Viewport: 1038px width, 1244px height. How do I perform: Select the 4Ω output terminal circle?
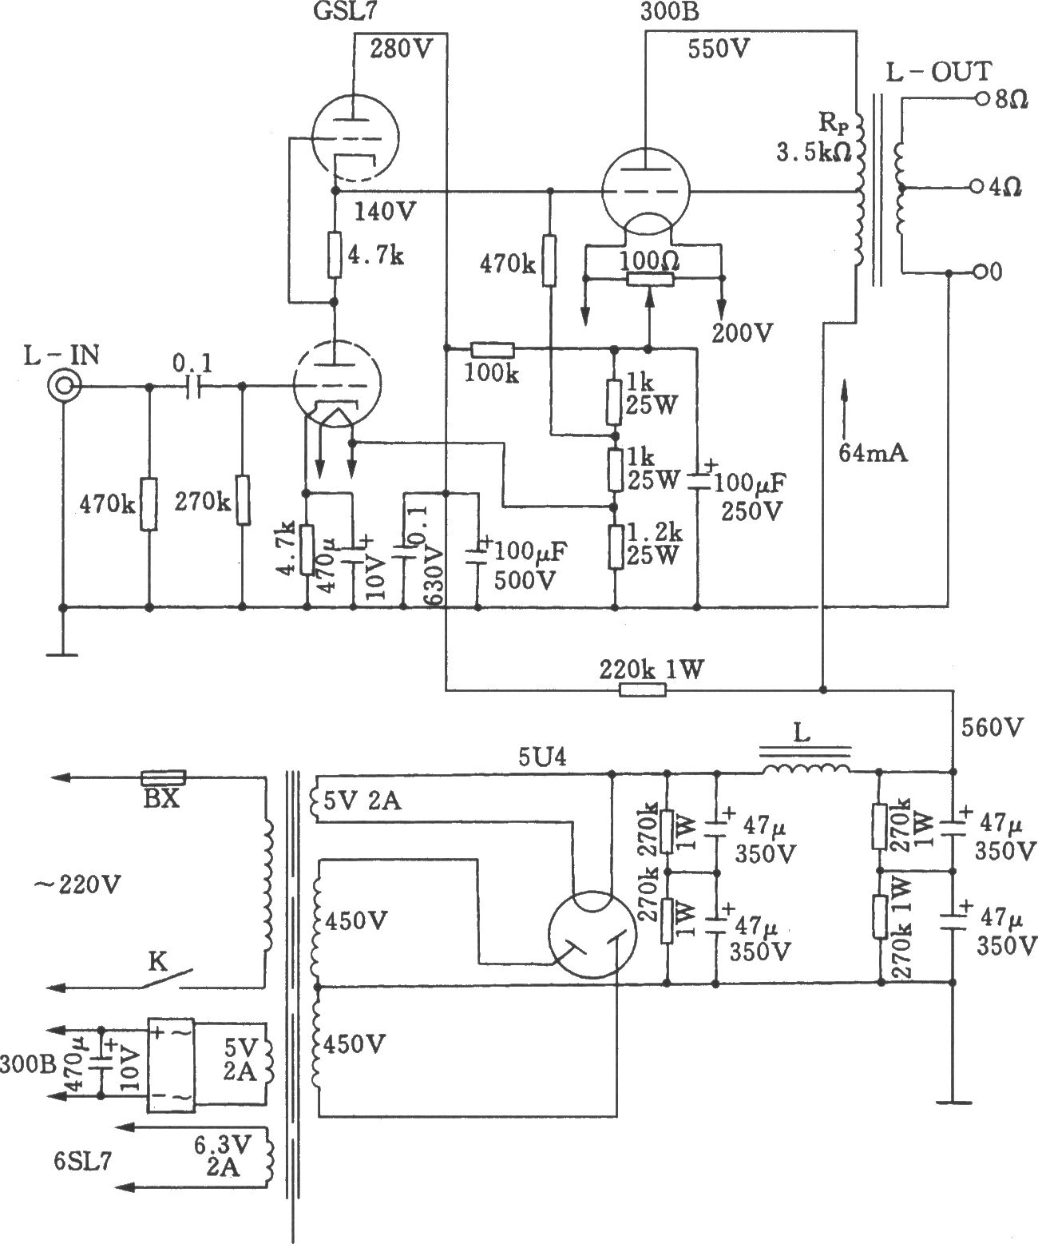977,187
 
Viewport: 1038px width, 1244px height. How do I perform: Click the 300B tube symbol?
645,192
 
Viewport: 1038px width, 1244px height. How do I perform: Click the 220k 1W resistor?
643,690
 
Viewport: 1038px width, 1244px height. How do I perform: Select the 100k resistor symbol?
492,348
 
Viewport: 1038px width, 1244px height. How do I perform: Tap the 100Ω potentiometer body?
650,279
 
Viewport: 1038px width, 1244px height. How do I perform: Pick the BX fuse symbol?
163,777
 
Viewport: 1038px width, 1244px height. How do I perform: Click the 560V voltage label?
992,727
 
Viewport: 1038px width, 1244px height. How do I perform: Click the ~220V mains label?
77,884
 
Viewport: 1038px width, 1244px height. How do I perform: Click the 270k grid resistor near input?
243,499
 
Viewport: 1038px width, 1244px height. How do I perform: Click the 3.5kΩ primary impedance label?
814,153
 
